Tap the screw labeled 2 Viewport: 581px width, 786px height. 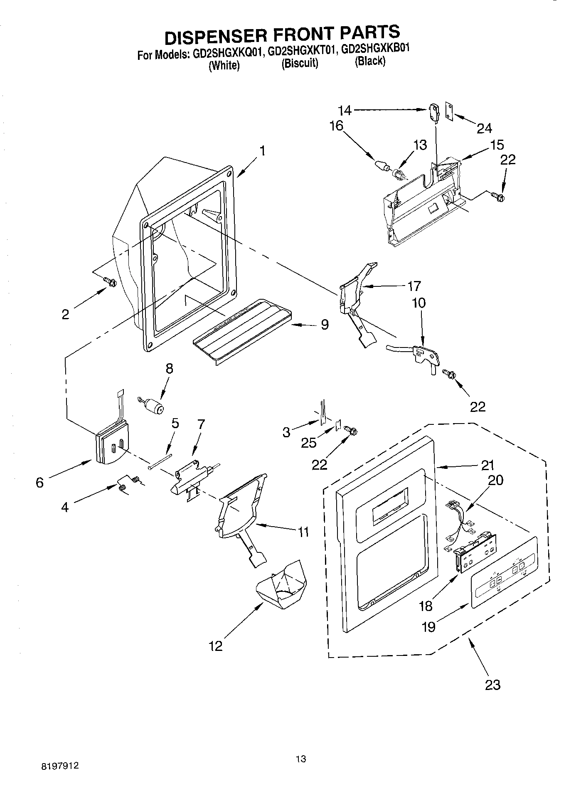[111, 282]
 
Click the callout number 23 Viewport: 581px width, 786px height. [492, 684]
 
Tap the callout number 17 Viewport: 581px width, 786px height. [414, 286]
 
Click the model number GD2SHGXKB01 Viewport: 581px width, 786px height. [375, 49]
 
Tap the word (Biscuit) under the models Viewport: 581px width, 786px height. [300, 63]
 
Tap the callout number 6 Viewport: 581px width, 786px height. [40, 483]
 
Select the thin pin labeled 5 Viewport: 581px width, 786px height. [160, 461]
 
